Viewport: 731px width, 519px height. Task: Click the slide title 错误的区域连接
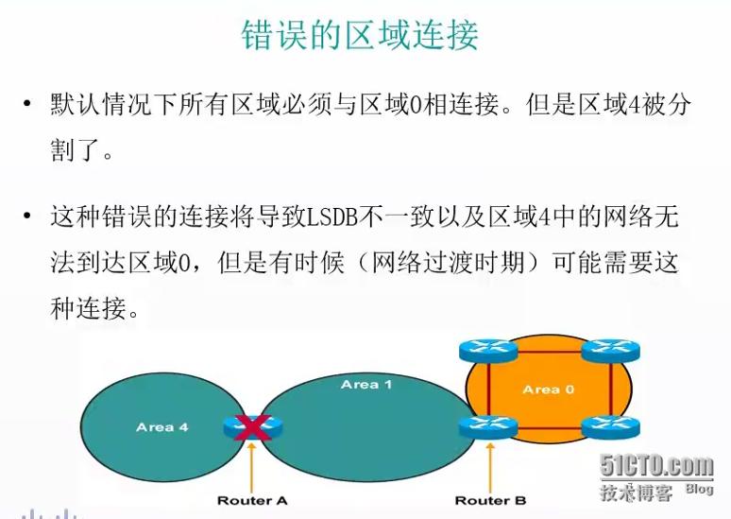point(360,35)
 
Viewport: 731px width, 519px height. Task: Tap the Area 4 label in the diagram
point(161,427)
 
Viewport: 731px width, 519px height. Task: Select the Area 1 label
point(365,385)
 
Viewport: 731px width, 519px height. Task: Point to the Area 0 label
point(548,389)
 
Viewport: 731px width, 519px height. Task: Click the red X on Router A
point(252,427)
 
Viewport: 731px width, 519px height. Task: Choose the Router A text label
point(252,501)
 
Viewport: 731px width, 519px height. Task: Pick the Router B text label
point(490,501)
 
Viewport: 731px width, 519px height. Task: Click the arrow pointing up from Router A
point(252,467)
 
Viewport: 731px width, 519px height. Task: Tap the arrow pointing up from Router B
point(490,467)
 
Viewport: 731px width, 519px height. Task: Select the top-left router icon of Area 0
point(488,351)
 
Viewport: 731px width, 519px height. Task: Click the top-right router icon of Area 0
point(611,351)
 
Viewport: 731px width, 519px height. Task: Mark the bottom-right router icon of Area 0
point(611,427)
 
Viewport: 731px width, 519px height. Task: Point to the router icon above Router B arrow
point(488,427)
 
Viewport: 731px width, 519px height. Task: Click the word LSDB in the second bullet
point(331,217)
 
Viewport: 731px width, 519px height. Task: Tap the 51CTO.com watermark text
point(656,465)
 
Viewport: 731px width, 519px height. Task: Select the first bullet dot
point(27,103)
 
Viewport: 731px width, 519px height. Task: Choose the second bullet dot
point(27,216)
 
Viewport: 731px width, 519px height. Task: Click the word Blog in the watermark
point(699,489)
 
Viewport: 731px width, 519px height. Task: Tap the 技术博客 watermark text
point(637,493)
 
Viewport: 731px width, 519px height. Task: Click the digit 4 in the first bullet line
point(633,105)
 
